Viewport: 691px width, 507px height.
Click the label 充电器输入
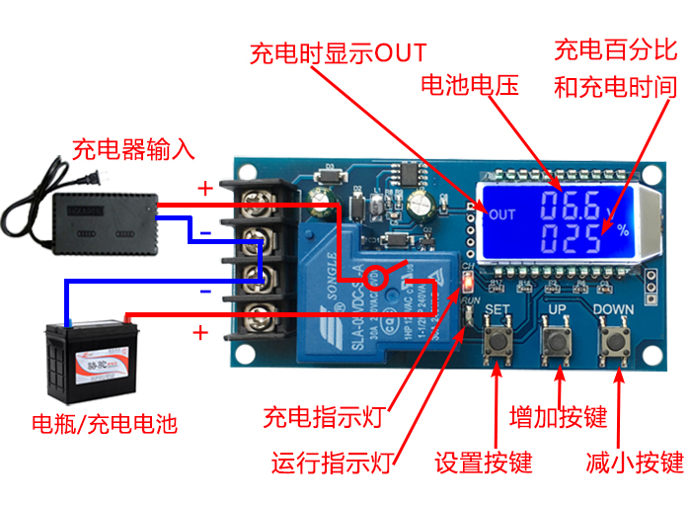pyautogui.click(x=134, y=150)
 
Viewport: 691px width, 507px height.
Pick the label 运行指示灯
pyautogui.click(x=334, y=462)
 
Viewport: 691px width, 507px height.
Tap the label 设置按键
pyautogui.click(x=484, y=462)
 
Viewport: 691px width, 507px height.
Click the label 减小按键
pyautogui.click(x=634, y=462)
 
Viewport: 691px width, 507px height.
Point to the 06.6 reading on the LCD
pyautogui.click(x=570, y=208)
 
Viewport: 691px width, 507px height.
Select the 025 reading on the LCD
pyautogui.click(x=570, y=240)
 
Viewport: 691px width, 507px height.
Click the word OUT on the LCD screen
pyautogui.click(x=502, y=214)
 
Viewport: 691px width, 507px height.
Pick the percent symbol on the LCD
pyautogui.click(x=622, y=230)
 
